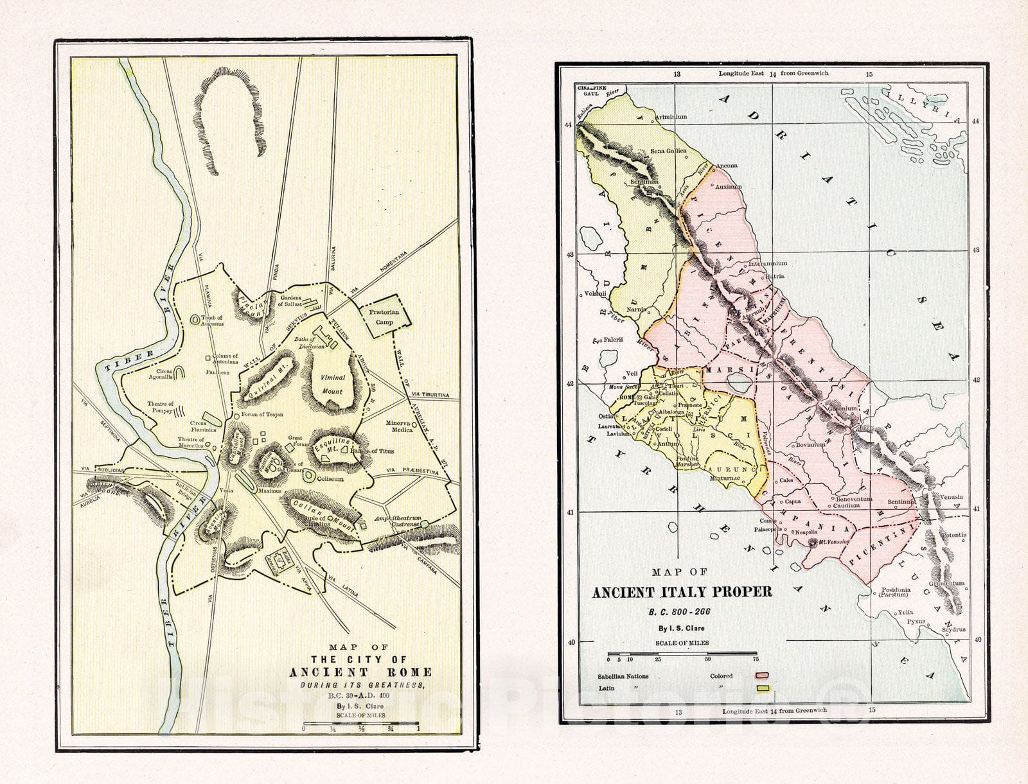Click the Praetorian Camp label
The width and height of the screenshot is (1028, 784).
point(384,317)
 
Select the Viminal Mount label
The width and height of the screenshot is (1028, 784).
point(332,384)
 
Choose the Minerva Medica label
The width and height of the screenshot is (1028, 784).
point(402,427)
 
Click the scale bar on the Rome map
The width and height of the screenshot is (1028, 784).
point(360,724)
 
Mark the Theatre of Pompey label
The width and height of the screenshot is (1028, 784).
point(161,407)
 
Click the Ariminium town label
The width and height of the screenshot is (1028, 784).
point(670,117)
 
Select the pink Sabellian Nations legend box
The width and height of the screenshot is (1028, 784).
point(763,675)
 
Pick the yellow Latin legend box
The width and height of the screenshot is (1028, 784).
point(763,688)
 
